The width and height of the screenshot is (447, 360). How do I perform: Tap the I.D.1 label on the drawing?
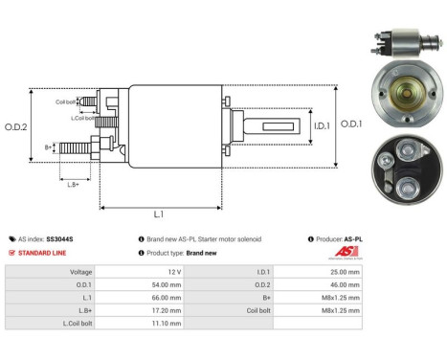[294, 123]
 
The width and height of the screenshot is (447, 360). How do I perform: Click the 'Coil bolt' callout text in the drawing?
[66, 101]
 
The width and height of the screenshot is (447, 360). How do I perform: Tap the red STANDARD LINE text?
[43, 253]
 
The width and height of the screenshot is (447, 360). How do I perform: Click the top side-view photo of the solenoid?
[394, 44]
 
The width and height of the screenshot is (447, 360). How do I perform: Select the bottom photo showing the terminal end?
[402, 168]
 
